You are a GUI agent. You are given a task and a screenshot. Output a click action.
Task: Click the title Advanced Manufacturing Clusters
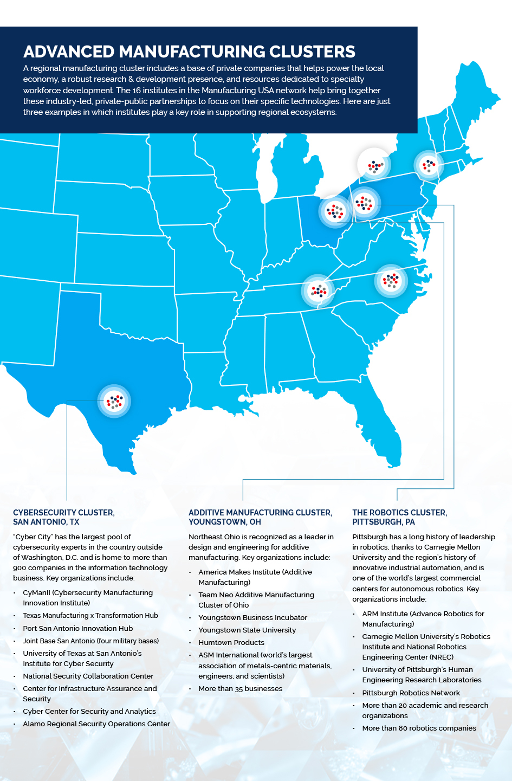click(x=189, y=51)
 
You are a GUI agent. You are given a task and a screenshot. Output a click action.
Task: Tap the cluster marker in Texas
click(x=114, y=401)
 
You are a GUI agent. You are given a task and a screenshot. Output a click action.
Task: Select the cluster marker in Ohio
click(x=335, y=211)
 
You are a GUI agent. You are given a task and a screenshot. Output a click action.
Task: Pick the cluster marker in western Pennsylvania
click(x=364, y=203)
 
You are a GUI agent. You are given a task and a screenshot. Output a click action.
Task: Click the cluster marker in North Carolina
click(x=391, y=280)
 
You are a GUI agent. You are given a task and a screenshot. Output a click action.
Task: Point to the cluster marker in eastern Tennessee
click(x=318, y=291)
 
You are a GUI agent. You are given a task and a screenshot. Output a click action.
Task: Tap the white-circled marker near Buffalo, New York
click(x=374, y=165)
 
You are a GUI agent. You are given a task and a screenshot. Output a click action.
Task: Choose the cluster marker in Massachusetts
click(x=429, y=165)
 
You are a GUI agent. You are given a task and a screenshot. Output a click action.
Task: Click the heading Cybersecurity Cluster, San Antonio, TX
click(x=64, y=517)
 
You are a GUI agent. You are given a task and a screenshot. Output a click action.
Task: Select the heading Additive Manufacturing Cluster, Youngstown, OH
click(x=260, y=517)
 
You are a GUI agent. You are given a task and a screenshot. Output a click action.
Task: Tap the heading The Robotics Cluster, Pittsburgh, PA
click(x=399, y=517)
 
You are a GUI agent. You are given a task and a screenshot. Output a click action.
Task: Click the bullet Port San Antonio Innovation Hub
click(x=77, y=628)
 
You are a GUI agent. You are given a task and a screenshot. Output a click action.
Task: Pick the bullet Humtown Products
click(x=231, y=642)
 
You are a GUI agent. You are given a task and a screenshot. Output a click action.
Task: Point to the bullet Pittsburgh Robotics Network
click(x=411, y=693)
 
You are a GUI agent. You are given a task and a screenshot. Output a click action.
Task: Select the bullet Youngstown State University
click(x=247, y=630)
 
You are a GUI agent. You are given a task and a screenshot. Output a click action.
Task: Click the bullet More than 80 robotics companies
click(x=419, y=728)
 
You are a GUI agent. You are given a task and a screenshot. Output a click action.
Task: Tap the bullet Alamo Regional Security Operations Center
click(x=96, y=724)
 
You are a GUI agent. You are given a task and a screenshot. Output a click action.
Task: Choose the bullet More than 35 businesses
click(x=240, y=688)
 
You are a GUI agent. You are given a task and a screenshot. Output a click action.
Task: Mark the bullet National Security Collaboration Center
click(x=88, y=676)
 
